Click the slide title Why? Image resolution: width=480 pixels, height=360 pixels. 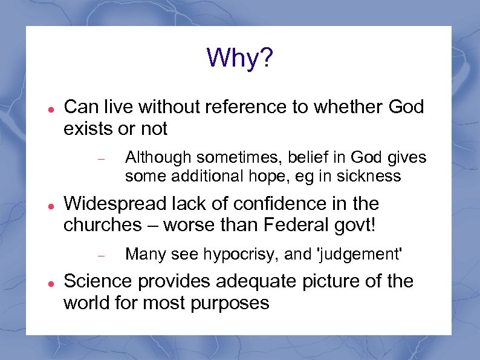point(240,58)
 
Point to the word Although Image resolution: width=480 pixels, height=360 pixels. point(154,158)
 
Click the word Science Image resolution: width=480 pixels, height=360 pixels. point(99,281)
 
